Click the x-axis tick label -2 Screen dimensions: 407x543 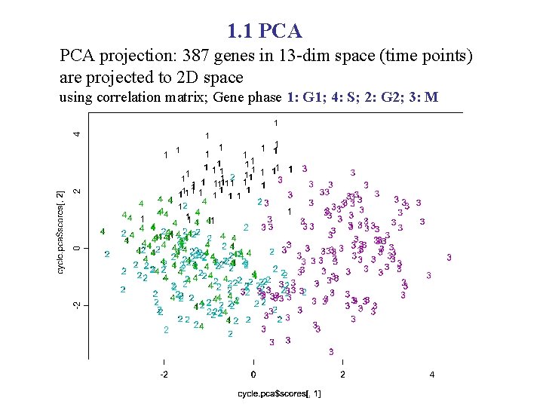[x=163, y=375]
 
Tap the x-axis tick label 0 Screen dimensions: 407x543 [x=253, y=375]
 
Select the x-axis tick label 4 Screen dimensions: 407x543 [x=432, y=375]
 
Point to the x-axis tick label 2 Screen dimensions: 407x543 [x=343, y=375]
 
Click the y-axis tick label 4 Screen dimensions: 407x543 [x=75, y=134]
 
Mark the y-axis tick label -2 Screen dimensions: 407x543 [x=75, y=305]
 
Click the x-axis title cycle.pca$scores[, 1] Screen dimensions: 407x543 [x=280, y=393]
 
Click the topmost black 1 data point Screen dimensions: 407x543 [x=276, y=123]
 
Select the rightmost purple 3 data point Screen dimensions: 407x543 [x=449, y=258]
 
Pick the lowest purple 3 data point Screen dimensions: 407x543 [x=331, y=352]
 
